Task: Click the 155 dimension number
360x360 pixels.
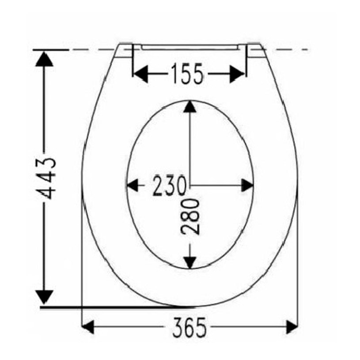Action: click(187, 74)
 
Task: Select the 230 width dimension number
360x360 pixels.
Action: click(169, 186)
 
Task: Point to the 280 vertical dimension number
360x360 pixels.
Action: click(190, 217)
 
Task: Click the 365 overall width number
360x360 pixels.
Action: click(189, 327)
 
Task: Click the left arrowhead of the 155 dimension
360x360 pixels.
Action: click(140, 74)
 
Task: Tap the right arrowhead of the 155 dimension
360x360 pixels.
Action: click(237, 74)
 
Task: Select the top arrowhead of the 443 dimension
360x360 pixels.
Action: click(44, 59)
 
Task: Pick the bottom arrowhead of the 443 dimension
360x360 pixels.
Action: click(44, 297)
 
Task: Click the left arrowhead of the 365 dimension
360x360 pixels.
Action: click(88, 327)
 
